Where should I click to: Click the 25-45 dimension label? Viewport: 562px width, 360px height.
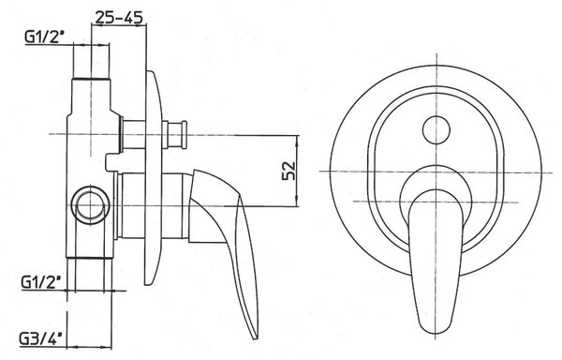[x=119, y=17]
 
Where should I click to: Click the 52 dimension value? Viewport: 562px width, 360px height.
[x=288, y=171]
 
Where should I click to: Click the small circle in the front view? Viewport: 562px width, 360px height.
[x=436, y=129]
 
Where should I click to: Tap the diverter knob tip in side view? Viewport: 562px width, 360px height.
[x=185, y=134]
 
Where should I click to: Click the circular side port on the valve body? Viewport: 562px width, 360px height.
[x=90, y=205]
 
